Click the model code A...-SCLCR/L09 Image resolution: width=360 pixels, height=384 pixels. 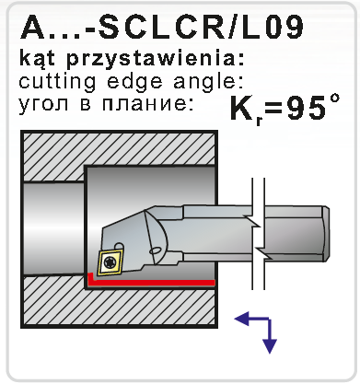click(162, 27)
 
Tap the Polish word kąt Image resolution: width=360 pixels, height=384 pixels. click(38, 59)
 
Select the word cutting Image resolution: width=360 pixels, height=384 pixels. click(57, 82)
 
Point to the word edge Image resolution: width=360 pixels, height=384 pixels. click(135, 81)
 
